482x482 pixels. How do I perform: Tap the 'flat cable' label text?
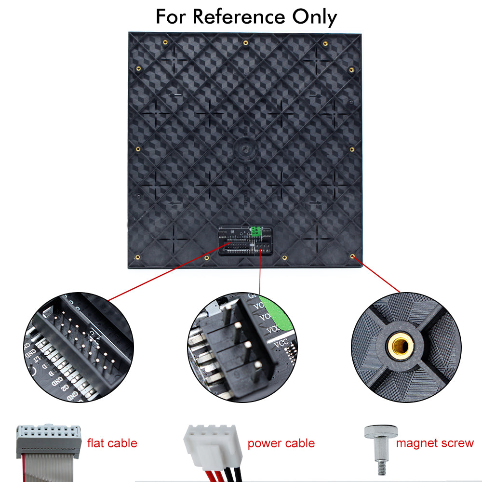(112, 443)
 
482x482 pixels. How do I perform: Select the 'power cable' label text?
(281, 443)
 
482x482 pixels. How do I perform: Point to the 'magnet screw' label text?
(435, 443)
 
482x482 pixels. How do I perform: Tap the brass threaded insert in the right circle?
(400, 345)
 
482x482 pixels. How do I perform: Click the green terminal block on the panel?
(254, 232)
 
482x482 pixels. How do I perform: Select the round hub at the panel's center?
(245, 147)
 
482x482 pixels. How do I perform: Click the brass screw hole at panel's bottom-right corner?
(353, 257)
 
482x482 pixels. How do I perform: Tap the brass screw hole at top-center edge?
(245, 43)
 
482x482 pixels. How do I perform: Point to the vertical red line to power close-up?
(260, 275)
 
